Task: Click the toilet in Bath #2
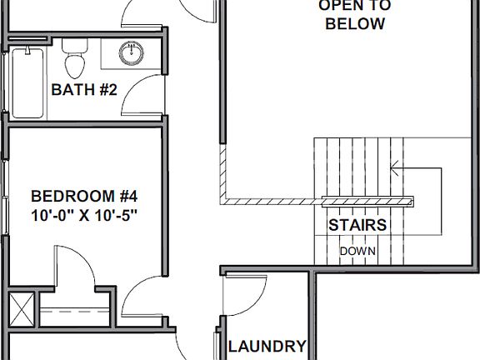(x=75, y=62)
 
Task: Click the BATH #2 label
(x=84, y=89)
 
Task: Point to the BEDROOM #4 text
(x=83, y=197)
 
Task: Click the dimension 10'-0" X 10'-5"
(x=83, y=215)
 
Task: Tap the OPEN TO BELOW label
(x=355, y=15)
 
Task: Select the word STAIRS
(x=357, y=225)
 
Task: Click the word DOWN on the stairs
(x=357, y=251)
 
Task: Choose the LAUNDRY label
(x=267, y=347)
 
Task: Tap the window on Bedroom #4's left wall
(x=7, y=200)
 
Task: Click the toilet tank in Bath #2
(x=75, y=45)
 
